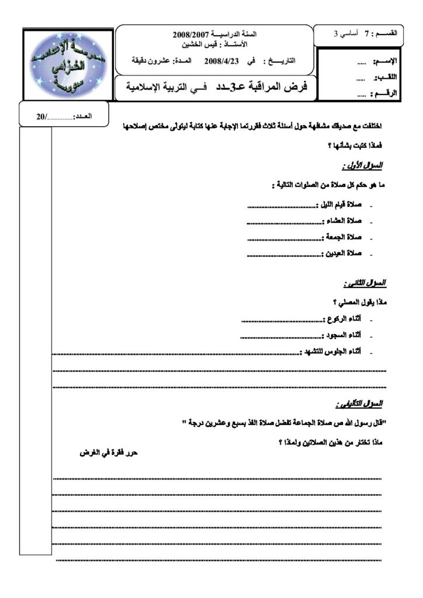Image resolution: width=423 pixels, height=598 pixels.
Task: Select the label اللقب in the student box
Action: tap(387, 78)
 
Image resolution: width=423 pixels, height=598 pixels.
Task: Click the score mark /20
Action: tap(42, 117)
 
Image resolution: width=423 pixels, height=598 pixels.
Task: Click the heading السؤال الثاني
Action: tap(366, 283)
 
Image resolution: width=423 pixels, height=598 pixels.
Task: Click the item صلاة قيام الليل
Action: tap(339, 206)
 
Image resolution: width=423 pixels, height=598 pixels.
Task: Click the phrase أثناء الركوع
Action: tap(342, 320)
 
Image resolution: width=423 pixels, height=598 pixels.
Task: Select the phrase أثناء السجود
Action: tap(342, 336)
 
